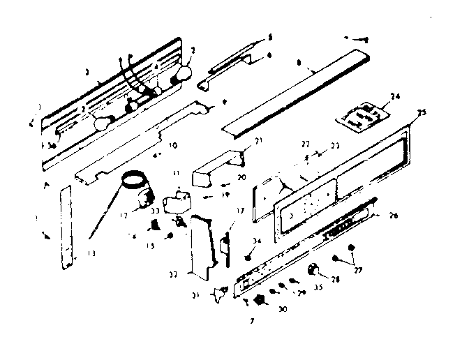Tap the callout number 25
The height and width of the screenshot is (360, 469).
[419, 114]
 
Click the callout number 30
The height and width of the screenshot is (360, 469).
[282, 309]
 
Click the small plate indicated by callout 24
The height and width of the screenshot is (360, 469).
[363, 116]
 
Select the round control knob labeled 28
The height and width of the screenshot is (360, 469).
[315, 269]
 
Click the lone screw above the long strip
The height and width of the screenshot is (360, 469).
[356, 39]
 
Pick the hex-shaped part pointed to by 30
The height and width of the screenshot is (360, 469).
[260, 301]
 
